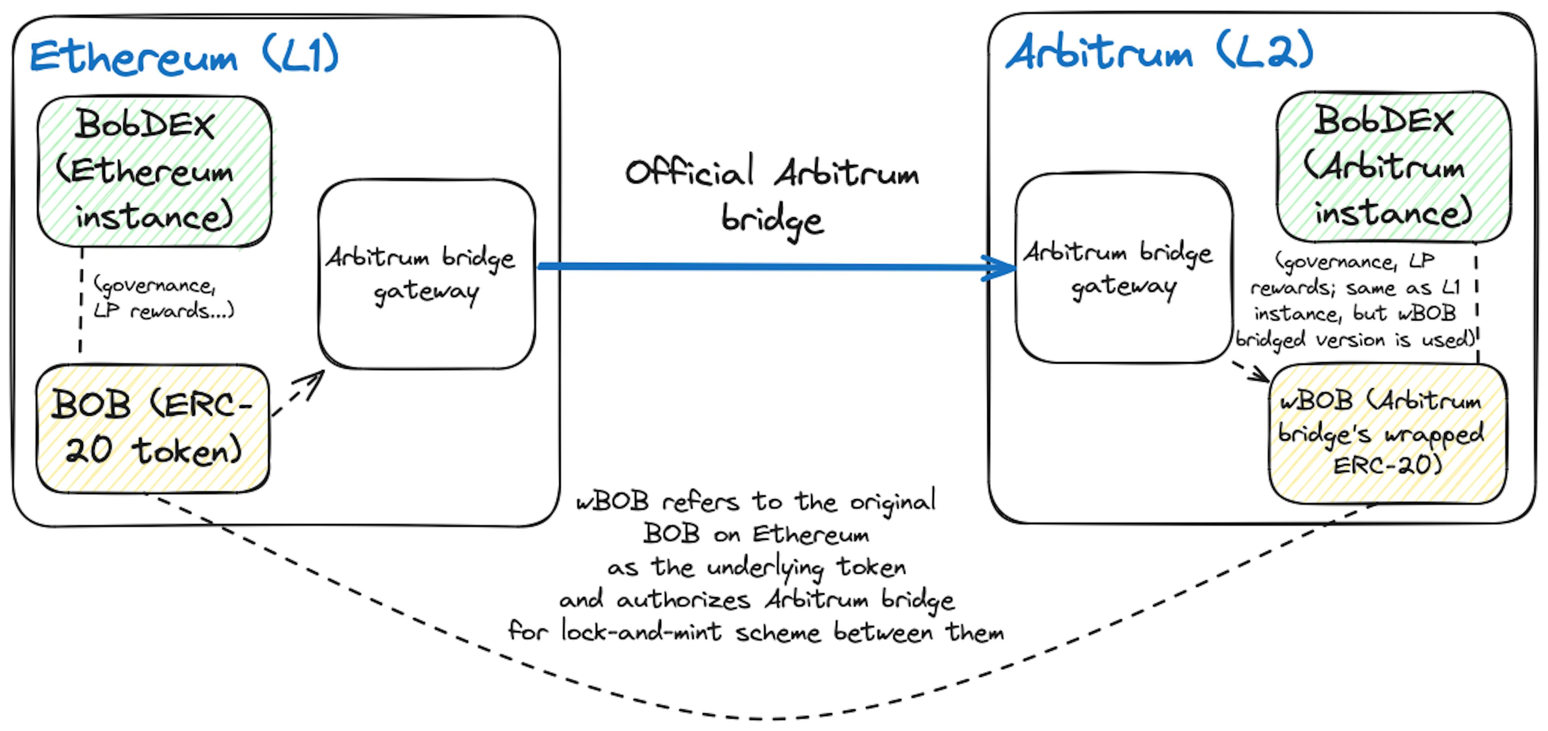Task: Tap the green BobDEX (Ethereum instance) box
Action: [x=154, y=171]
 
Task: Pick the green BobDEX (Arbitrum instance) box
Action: [x=1394, y=167]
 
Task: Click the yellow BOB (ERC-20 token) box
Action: [x=153, y=429]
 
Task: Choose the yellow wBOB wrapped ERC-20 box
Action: [x=1388, y=433]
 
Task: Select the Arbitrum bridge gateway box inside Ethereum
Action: [x=427, y=274]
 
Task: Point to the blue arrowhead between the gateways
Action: [x=999, y=267]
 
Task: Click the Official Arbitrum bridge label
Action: [x=772, y=196]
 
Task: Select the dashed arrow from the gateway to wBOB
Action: [x=1250, y=371]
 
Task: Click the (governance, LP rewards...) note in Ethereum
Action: [x=163, y=297]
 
